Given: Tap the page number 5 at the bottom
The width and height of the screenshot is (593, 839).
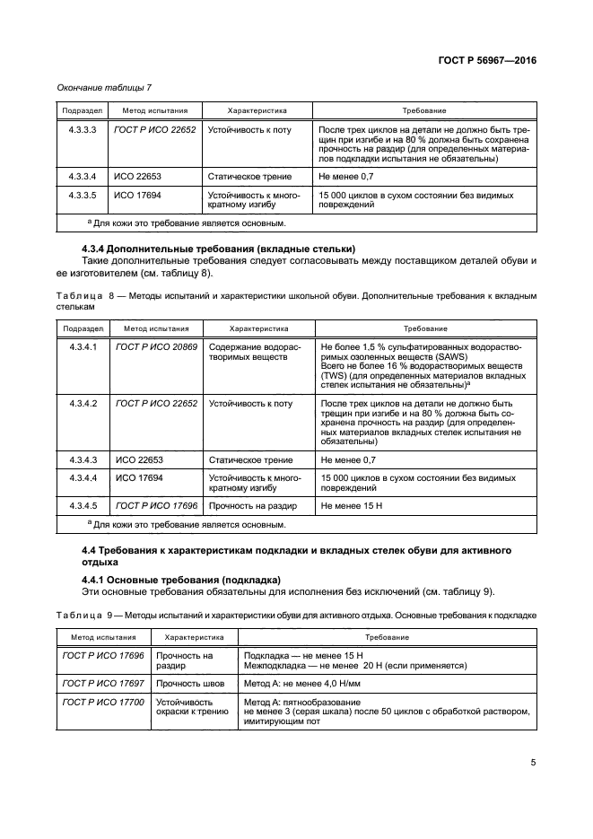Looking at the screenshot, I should [532, 763].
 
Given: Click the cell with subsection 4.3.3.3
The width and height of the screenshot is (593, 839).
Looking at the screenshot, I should [82, 130].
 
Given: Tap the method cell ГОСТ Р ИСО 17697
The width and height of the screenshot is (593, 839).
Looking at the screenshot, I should [102, 684].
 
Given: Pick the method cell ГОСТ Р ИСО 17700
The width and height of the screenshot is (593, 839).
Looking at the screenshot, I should [102, 702].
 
